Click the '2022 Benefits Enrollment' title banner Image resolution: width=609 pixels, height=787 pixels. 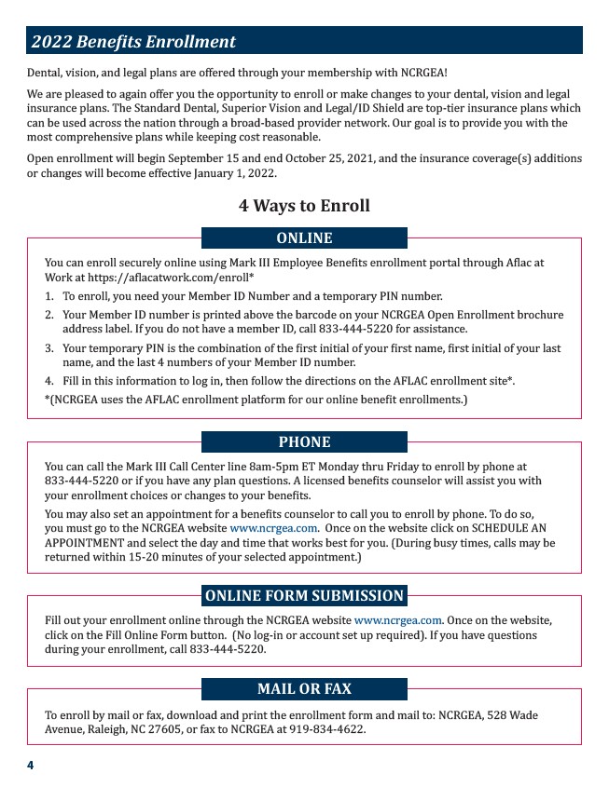tap(304, 41)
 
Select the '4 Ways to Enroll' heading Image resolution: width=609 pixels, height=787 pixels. tap(304, 206)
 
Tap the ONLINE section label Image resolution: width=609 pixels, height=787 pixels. tap(304, 238)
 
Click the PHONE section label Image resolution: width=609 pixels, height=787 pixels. tap(304, 441)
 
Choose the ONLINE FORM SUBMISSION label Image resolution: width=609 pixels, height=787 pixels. tap(304, 596)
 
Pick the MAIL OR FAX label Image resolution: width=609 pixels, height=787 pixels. tap(304, 689)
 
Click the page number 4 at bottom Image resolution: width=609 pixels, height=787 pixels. tap(30, 765)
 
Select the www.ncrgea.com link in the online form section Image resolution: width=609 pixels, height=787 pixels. tap(397, 620)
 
